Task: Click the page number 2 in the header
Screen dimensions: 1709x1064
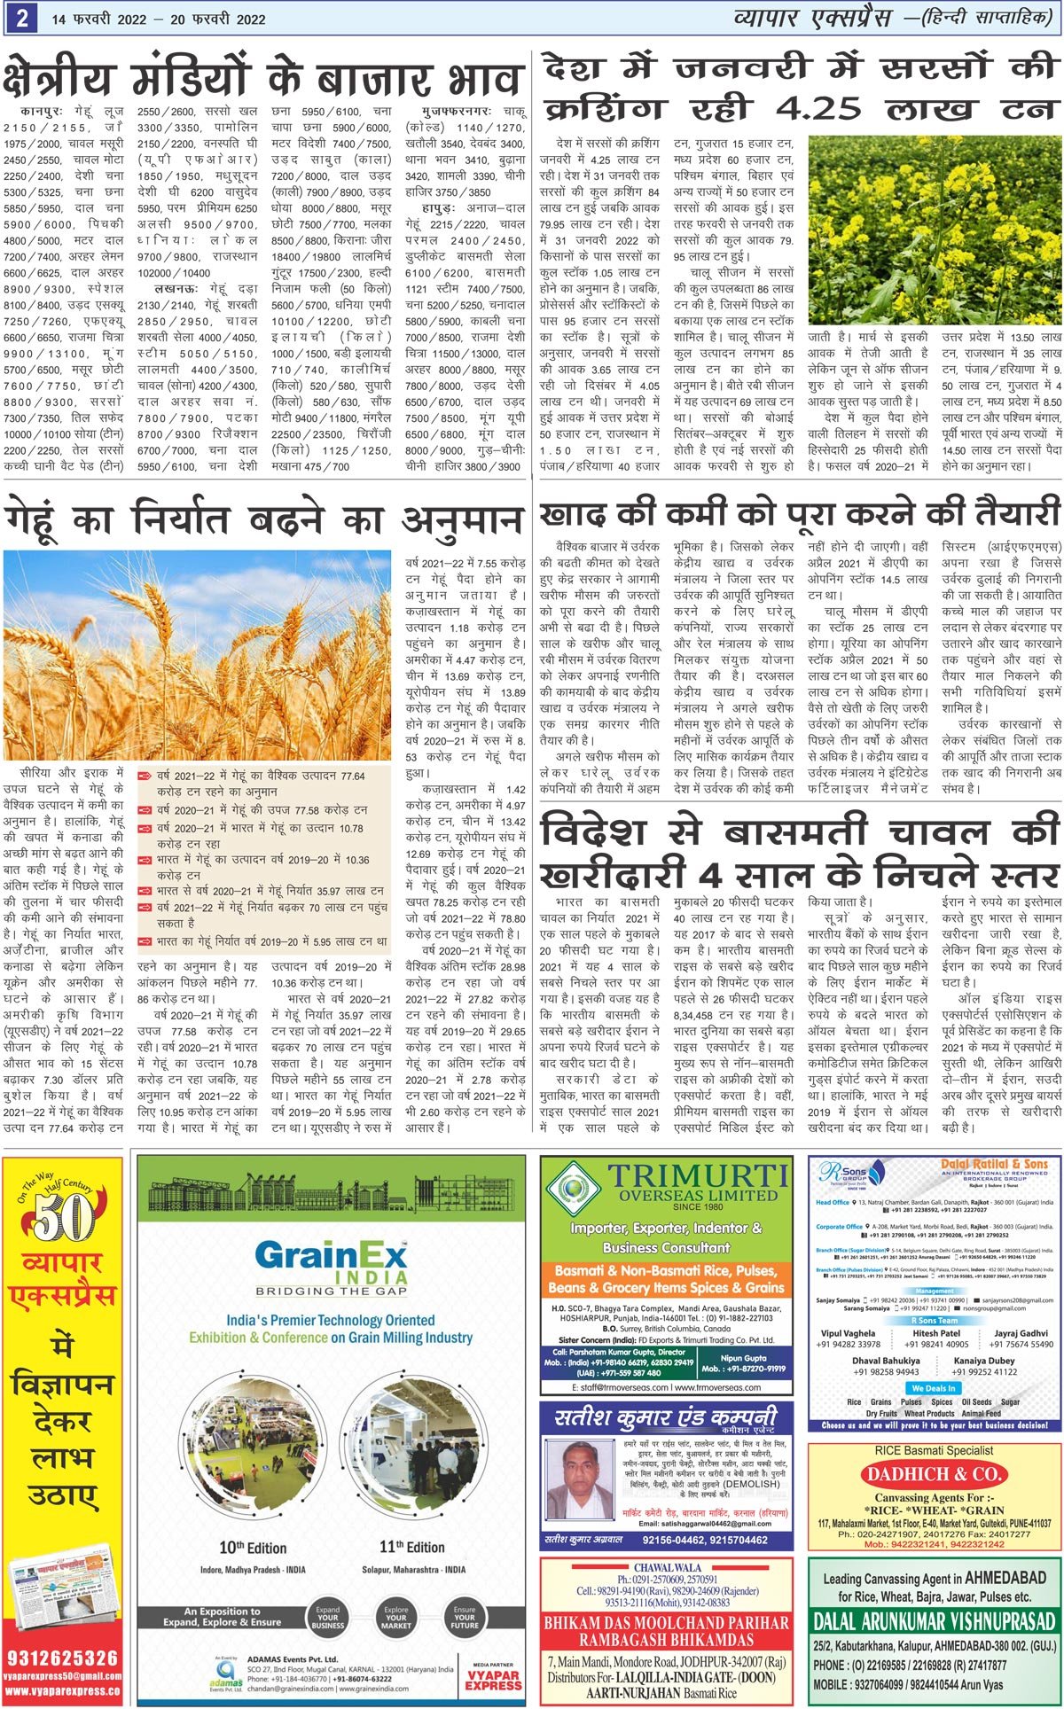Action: (20, 19)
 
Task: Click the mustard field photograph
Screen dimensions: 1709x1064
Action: (934, 230)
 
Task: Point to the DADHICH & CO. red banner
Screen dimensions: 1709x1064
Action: (934, 1476)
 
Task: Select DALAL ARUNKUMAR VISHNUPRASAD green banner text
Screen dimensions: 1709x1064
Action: (935, 1622)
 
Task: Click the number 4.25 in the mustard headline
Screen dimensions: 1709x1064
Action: (818, 108)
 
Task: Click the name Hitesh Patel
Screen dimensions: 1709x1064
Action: (936, 1333)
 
